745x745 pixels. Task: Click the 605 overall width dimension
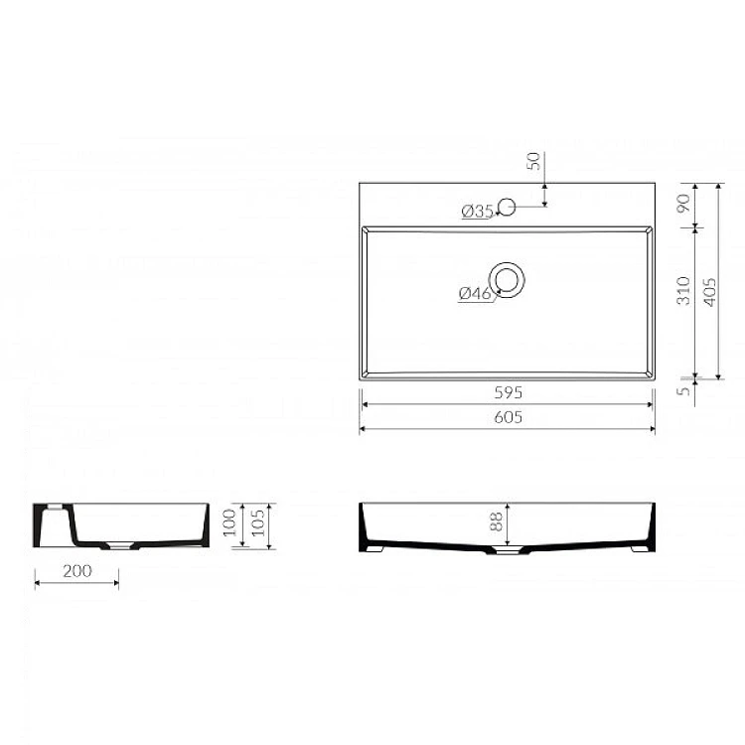tap(508, 417)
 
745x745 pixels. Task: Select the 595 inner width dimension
tap(508, 392)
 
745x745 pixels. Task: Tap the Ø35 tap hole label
tap(477, 211)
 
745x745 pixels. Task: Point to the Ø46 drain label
tap(475, 294)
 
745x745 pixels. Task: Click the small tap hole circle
tap(507, 208)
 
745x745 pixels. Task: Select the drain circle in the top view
tap(507, 280)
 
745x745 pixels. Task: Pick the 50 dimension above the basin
tap(534, 161)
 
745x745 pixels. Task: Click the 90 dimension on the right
tap(683, 204)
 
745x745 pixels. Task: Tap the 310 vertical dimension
tap(683, 290)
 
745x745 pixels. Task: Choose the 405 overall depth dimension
tap(709, 292)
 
